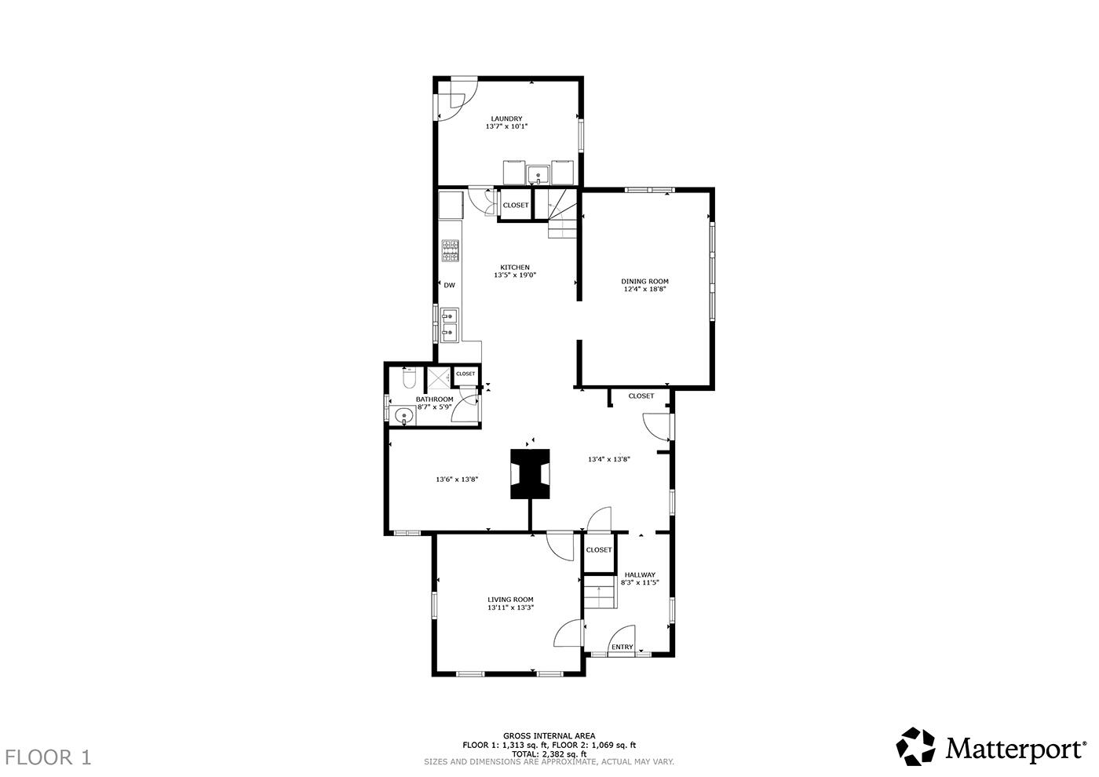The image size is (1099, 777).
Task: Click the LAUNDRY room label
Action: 506,119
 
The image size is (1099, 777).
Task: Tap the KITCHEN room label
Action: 514,268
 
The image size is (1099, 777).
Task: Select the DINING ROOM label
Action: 644,282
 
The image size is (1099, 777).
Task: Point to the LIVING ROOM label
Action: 510,600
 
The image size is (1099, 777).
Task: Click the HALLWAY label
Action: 639,575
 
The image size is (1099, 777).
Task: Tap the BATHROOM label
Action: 434,399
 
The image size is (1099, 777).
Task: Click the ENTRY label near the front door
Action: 622,647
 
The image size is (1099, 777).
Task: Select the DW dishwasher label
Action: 450,286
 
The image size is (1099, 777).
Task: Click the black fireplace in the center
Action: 530,474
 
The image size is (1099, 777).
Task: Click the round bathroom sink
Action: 404,416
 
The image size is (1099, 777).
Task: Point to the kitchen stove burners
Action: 450,251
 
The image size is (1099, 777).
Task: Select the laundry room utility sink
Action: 539,172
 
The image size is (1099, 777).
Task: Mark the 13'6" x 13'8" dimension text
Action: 457,480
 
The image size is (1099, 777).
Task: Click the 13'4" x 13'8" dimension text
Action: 609,459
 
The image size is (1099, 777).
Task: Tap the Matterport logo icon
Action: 917,746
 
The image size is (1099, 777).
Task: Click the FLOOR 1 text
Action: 48,757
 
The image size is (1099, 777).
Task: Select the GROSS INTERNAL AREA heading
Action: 549,736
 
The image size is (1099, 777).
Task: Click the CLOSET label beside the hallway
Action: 598,550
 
